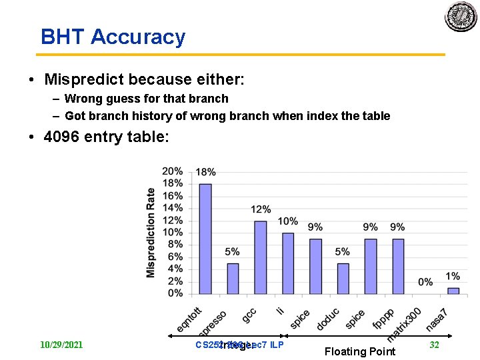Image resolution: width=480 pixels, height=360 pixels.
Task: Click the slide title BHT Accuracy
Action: click(113, 37)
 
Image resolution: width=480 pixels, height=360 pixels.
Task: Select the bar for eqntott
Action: click(205, 239)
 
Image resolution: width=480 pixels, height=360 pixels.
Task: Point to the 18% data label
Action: click(205, 173)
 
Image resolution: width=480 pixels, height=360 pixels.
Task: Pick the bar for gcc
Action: click(261, 257)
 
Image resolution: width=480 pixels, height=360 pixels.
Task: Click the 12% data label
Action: click(261, 209)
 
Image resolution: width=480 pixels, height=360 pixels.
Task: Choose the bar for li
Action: click(288, 263)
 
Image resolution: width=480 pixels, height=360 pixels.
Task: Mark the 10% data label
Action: click(288, 221)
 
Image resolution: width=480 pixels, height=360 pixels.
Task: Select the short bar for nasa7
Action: click(453, 291)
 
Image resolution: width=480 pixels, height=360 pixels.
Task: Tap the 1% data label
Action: click(453, 276)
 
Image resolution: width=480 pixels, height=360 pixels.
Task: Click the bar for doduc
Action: click(343, 279)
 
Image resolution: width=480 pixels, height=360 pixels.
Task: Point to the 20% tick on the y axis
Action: click(172, 171)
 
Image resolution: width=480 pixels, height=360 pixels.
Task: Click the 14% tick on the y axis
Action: click(172, 208)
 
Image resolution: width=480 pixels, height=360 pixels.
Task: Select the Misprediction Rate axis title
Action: click(151, 232)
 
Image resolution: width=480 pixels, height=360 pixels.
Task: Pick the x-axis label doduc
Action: click(328, 319)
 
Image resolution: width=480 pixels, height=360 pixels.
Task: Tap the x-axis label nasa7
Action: click(437, 319)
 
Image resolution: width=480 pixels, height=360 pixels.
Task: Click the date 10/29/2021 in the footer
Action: click(61, 345)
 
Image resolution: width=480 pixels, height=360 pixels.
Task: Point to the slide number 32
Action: click(434, 345)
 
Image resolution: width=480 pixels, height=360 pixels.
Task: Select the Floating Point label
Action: click(359, 351)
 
